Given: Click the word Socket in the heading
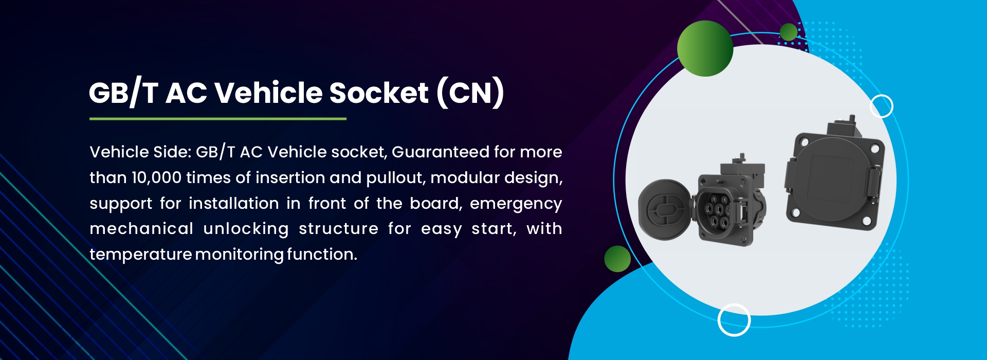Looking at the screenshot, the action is [x=378, y=93].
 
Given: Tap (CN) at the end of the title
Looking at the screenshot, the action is [x=470, y=93].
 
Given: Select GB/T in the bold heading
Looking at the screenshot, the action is [x=123, y=93].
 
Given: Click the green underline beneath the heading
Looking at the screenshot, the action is [x=218, y=119].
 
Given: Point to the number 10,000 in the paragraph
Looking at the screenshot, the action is [x=156, y=178].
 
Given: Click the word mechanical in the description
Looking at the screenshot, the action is [x=141, y=229].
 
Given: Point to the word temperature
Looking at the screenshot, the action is [x=140, y=255].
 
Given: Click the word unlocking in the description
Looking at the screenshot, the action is [x=246, y=229].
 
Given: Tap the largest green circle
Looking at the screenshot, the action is [x=705, y=48].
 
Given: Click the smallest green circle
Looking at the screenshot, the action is [x=789, y=32].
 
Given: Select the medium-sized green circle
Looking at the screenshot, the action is [x=617, y=259].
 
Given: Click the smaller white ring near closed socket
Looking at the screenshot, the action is [x=881, y=106].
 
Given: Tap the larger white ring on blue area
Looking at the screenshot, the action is [x=734, y=320].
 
